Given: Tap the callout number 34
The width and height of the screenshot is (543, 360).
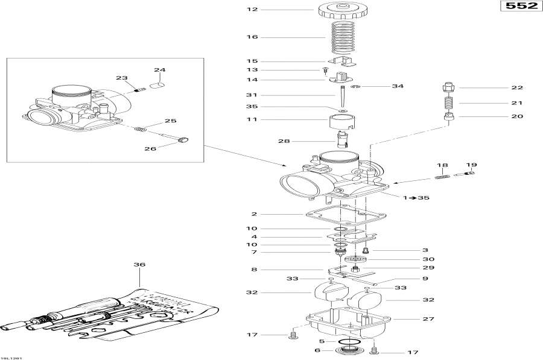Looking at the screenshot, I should coord(397,86).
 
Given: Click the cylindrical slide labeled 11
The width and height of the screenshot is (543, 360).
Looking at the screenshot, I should coord(342,121).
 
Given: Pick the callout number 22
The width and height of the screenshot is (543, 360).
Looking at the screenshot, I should coord(517,87).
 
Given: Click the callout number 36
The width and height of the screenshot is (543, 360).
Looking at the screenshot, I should coord(139,264).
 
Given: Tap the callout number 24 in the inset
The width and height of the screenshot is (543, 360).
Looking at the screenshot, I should coord(159,70).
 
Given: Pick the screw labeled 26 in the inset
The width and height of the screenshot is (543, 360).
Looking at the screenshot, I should coord(183,141).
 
